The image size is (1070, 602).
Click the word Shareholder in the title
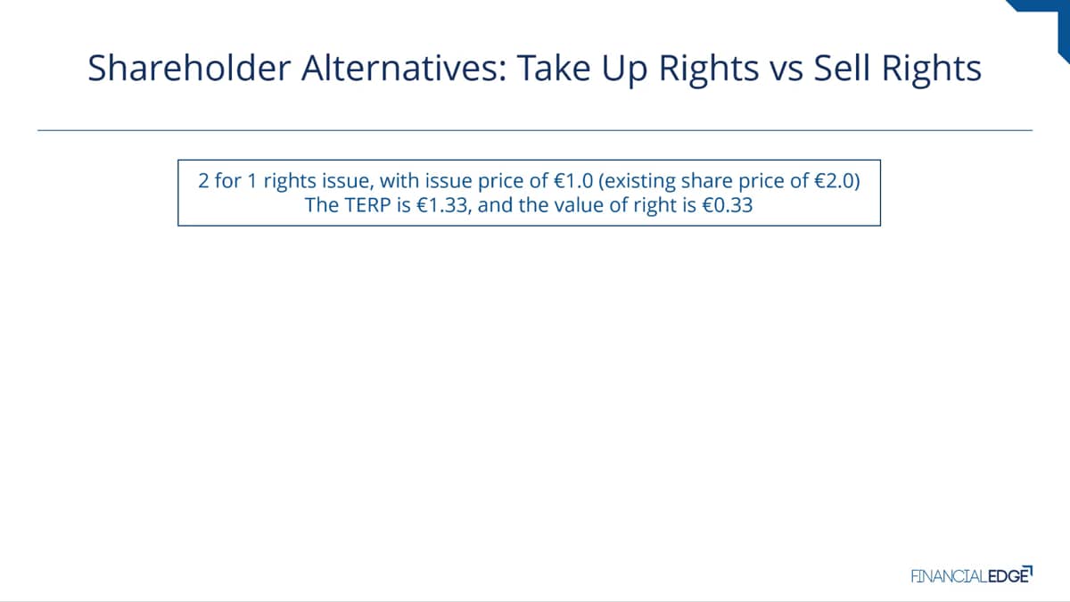click(x=189, y=68)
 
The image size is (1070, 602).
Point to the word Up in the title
click(x=624, y=71)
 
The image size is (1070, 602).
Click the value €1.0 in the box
click(x=573, y=180)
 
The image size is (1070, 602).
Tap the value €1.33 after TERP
click(x=442, y=205)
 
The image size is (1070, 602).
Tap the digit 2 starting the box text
click(x=203, y=180)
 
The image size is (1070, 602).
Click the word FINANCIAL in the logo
click(x=949, y=576)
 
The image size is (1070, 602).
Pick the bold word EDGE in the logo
click(x=1008, y=576)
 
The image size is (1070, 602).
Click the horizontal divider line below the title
click(x=535, y=130)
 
